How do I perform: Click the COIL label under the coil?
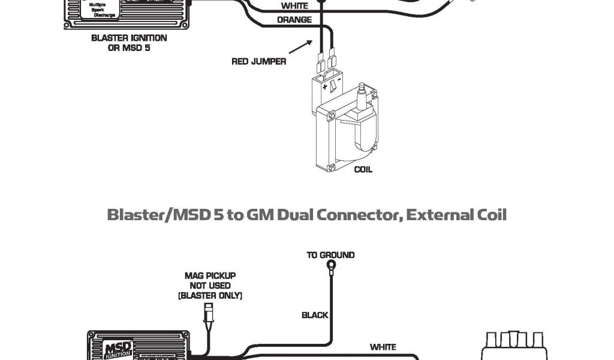pyautogui.click(x=363, y=169)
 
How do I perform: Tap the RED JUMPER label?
pyautogui.click(x=258, y=61)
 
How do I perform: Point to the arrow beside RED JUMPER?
pyautogui.click(x=302, y=47)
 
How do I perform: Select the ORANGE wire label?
pyautogui.click(x=294, y=20)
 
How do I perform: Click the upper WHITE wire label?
pyautogui.click(x=294, y=6)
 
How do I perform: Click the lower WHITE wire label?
pyautogui.click(x=383, y=347)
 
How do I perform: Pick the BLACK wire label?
pyautogui.click(x=315, y=314)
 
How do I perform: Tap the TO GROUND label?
pyautogui.click(x=330, y=255)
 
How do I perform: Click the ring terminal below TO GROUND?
pyautogui.click(x=331, y=265)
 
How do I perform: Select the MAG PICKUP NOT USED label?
pyautogui.click(x=210, y=286)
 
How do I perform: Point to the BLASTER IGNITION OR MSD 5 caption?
pyautogui.click(x=129, y=42)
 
